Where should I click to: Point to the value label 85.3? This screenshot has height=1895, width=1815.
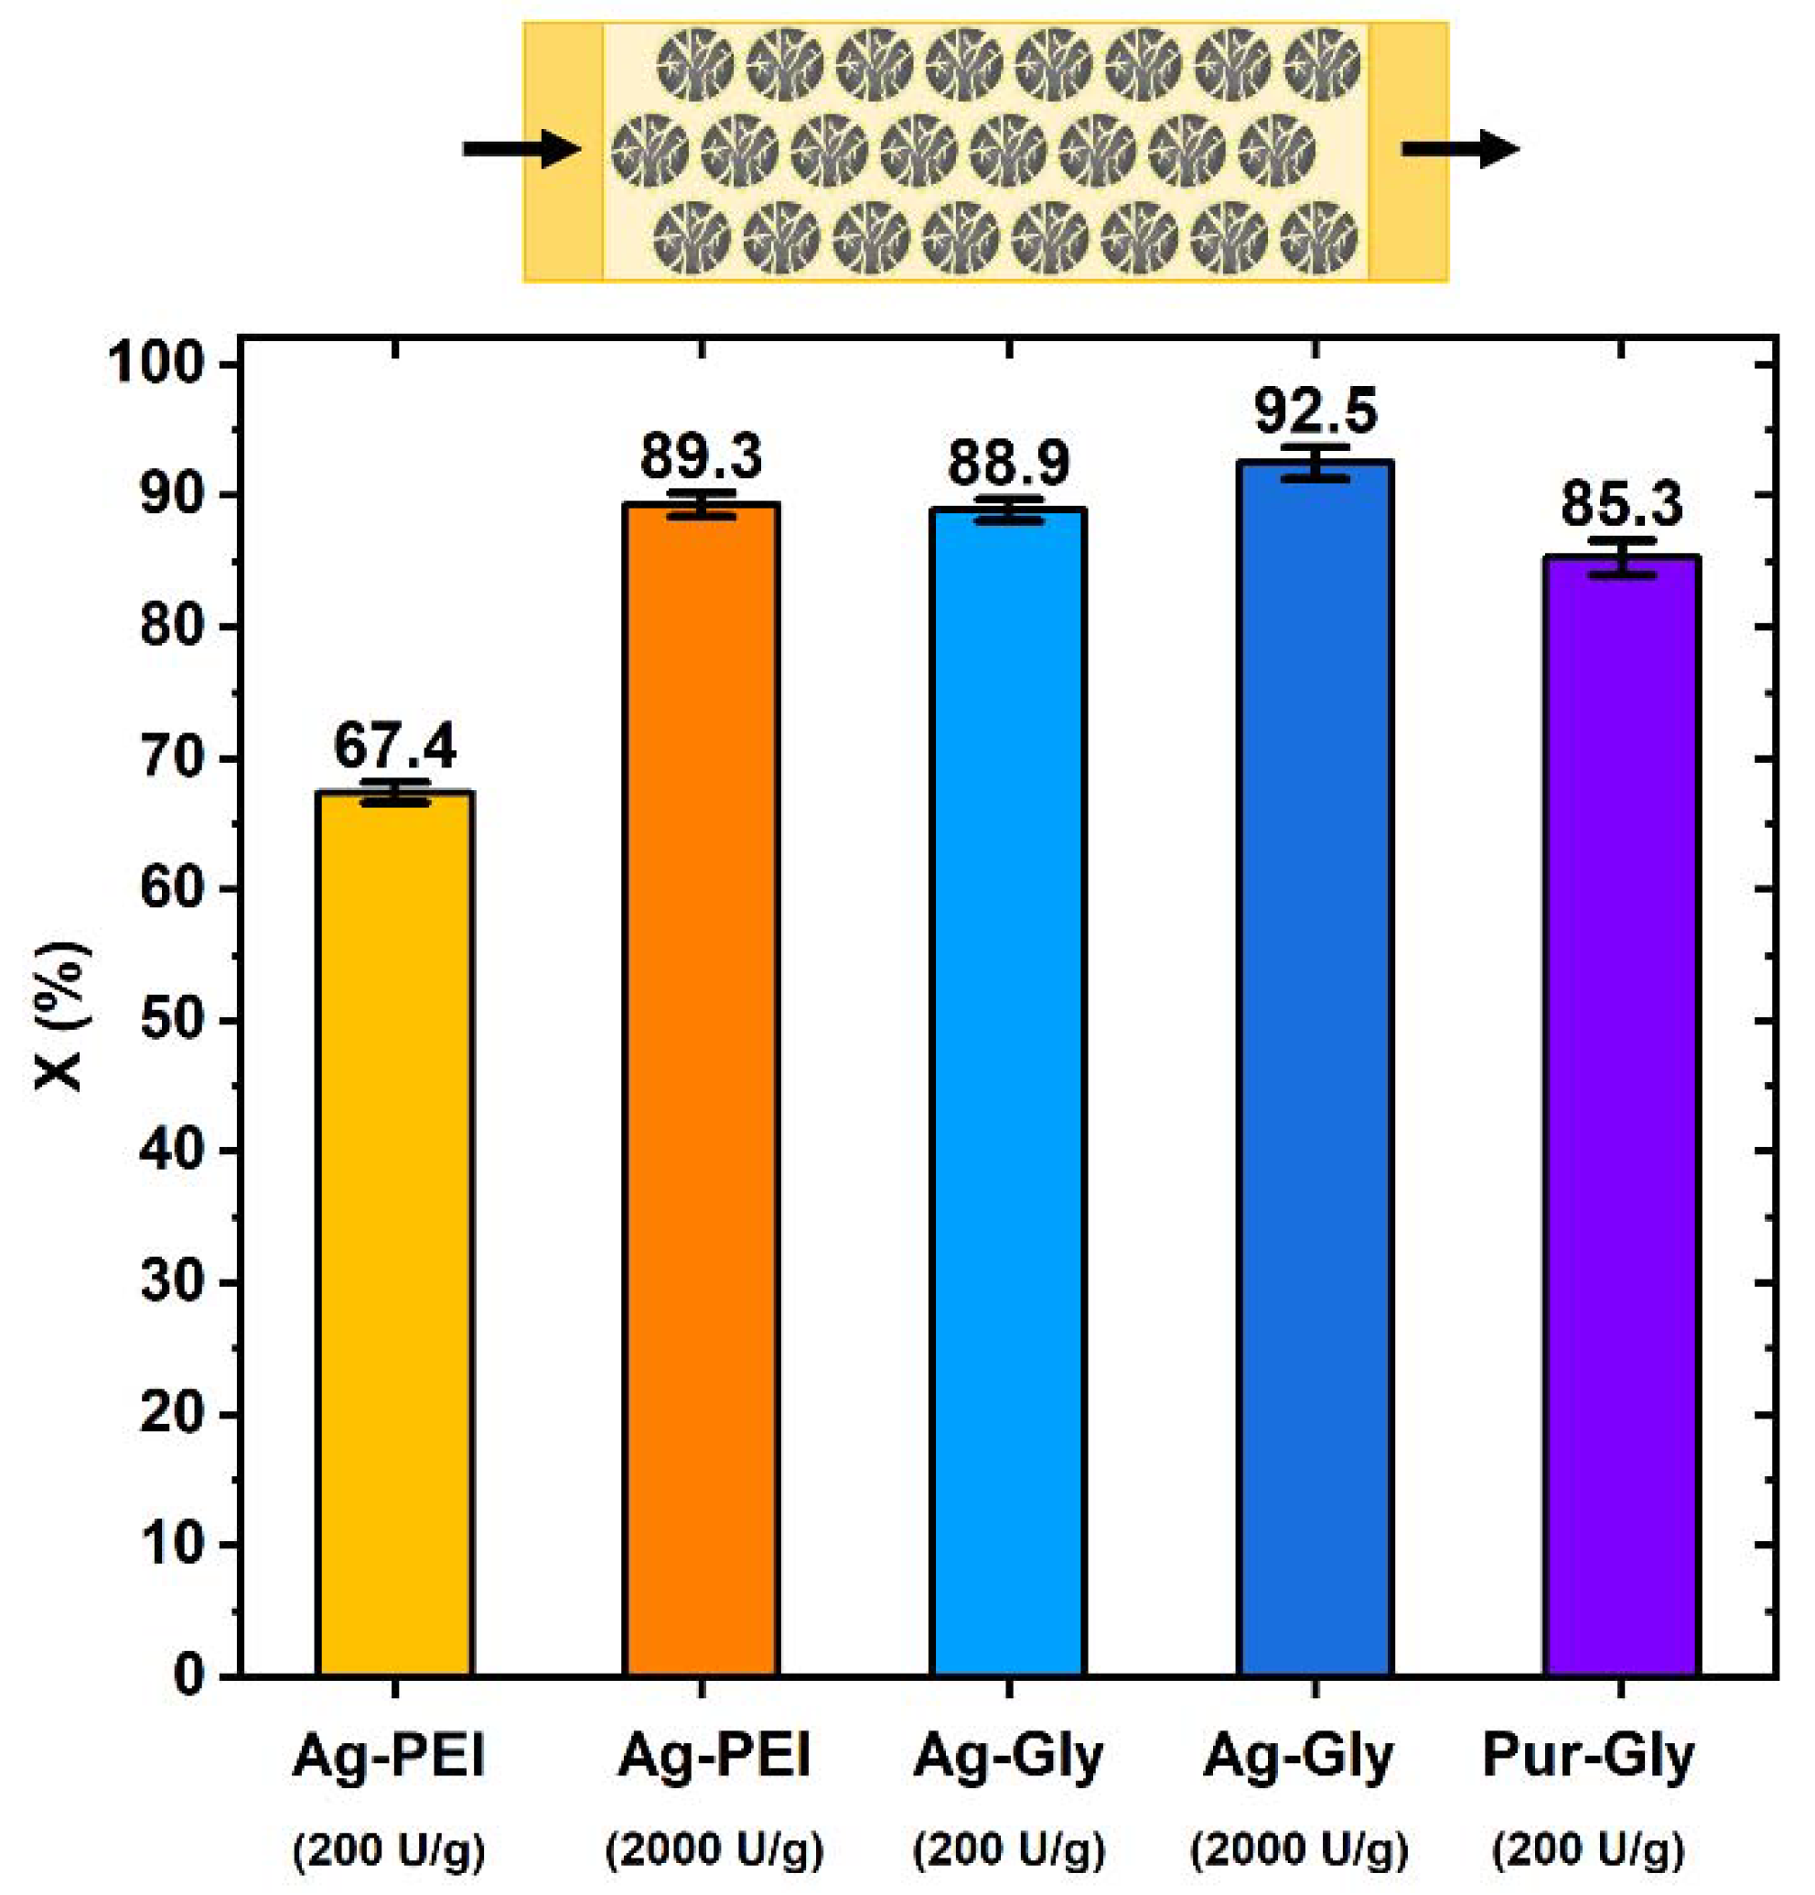click(1622, 504)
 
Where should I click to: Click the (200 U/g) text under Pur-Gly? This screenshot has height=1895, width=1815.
click(1588, 1848)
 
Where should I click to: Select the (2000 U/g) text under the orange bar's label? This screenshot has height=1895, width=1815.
click(714, 1848)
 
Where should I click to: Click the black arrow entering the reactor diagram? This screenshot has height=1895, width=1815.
click(520, 149)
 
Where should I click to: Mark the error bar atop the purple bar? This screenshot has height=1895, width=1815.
click(1622, 557)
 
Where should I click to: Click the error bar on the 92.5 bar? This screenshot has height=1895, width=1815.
click(1314, 463)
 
